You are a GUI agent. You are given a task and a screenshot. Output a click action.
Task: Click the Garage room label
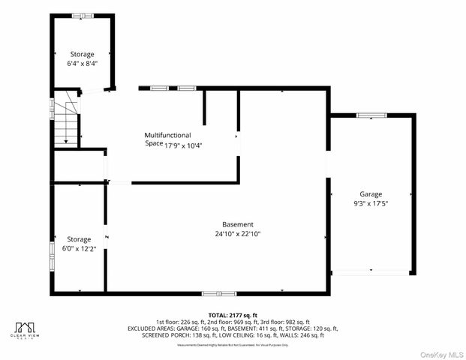[x=371, y=193]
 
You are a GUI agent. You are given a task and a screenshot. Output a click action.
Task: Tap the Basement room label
[x=237, y=224]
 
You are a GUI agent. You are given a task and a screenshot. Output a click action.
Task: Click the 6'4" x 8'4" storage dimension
[x=83, y=64]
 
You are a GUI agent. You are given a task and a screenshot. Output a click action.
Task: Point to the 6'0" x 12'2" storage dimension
[x=79, y=248]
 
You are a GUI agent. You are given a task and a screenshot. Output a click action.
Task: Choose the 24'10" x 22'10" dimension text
[x=238, y=233]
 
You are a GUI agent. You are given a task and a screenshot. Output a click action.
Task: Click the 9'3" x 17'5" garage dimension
[x=371, y=202]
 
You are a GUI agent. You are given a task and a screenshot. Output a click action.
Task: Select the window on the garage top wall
[x=371, y=115]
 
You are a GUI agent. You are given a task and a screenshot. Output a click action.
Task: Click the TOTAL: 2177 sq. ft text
[x=233, y=315]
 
